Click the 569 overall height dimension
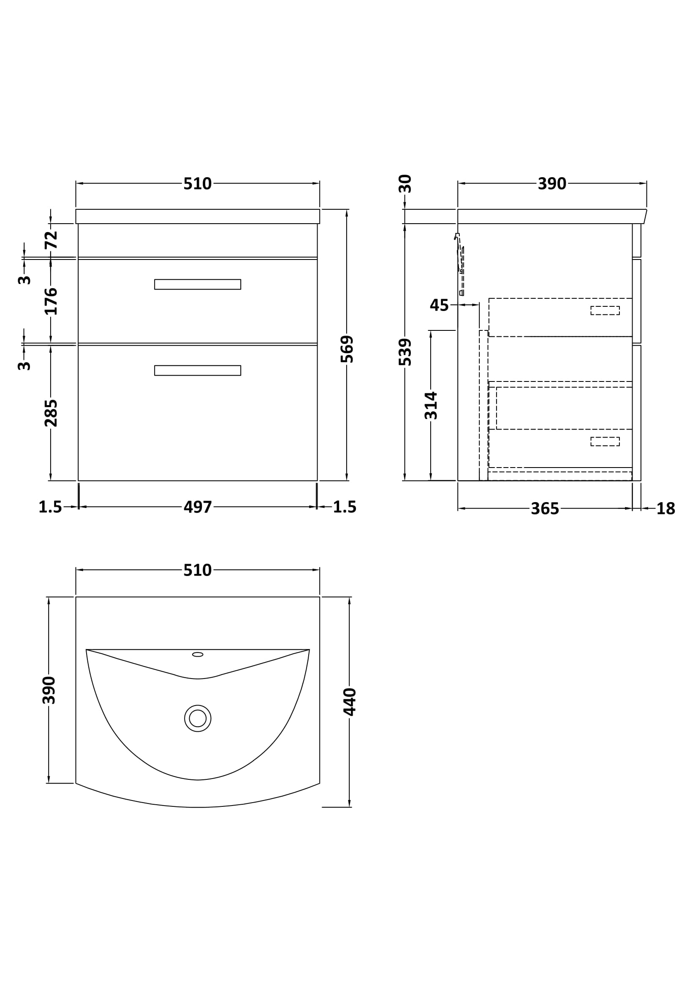tap(347, 349)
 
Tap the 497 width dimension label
tap(198, 507)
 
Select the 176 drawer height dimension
tap(51, 301)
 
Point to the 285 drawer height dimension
tap(51, 413)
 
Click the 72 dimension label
tap(51, 240)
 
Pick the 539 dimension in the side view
tap(405, 352)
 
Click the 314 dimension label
tap(431, 406)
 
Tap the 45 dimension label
tap(439, 305)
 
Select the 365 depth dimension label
tap(545, 509)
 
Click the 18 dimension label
tap(666, 509)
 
